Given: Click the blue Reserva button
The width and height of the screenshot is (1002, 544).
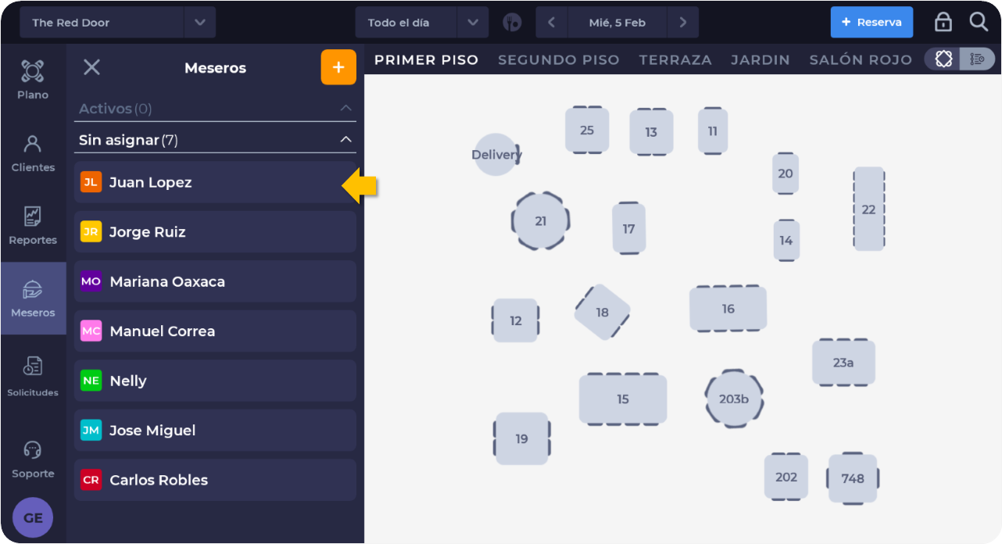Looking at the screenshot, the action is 871,23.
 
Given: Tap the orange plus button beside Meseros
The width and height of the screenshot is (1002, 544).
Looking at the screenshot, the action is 338,67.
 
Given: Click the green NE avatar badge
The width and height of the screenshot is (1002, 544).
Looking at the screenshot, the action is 91,381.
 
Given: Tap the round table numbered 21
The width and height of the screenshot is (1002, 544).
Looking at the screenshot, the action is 540,221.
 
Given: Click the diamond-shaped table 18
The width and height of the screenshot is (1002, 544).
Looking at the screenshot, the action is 602,312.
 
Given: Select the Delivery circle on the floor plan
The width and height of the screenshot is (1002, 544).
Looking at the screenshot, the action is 496,155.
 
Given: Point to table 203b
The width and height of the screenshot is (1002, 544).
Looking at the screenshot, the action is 734,399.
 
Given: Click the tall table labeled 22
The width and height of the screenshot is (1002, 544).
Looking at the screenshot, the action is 868,209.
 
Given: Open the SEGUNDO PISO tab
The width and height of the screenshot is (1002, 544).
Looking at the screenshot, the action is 559,60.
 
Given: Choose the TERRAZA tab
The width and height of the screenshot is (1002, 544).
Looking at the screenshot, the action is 675,60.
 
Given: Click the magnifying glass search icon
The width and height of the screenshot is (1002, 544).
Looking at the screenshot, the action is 979,22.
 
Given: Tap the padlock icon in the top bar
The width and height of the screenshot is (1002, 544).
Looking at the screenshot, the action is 943,22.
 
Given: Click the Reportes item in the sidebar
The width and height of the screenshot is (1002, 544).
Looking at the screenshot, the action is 33,226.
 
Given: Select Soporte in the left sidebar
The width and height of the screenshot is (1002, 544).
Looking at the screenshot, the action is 33,460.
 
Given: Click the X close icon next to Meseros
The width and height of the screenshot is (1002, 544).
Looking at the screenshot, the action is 91,67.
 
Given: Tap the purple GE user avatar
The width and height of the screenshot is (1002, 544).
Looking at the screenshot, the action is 33,517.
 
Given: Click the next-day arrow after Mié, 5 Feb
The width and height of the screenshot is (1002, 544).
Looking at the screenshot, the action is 682,23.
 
